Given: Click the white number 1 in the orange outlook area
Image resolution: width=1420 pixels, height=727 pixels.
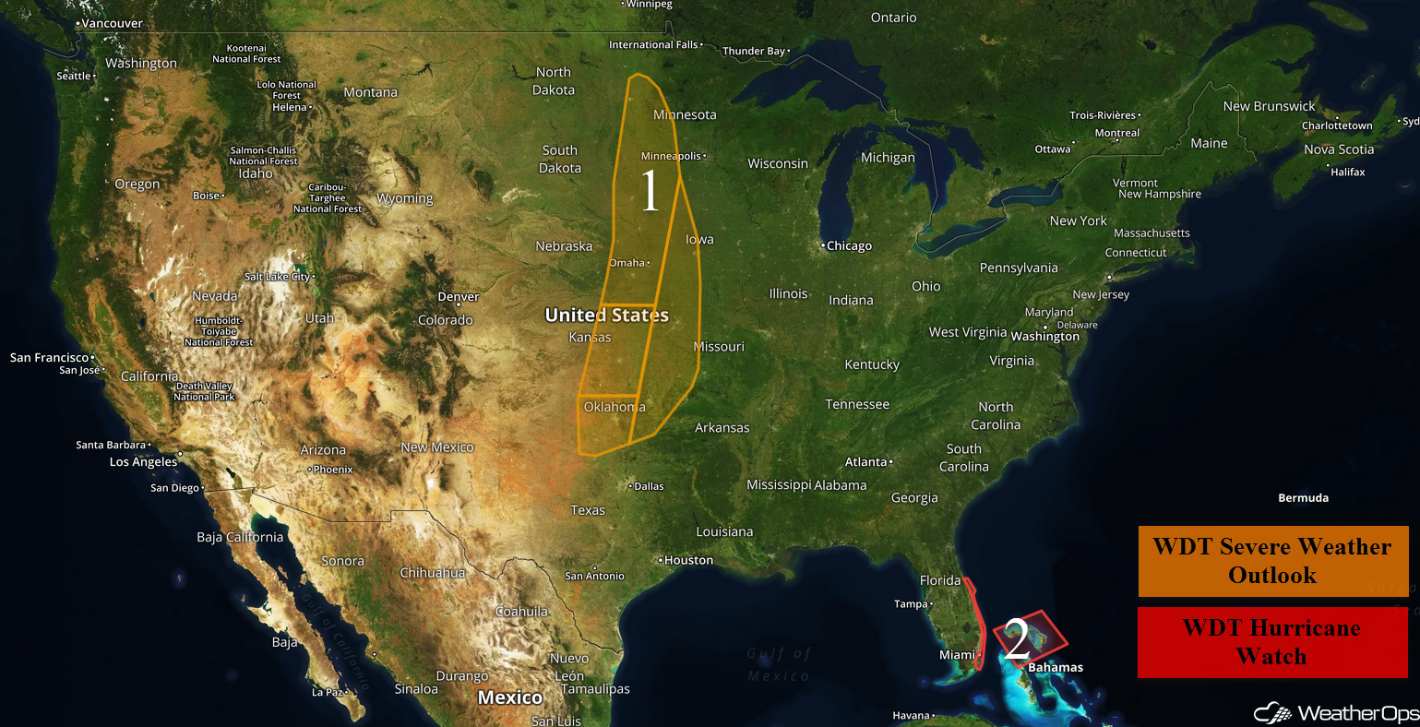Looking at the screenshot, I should (650, 192).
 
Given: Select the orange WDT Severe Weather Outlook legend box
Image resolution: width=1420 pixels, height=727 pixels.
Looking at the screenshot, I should (1272, 561).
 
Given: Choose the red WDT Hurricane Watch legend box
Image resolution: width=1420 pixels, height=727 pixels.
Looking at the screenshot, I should (1272, 642).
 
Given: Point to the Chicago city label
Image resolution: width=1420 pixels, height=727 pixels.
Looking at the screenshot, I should (849, 246).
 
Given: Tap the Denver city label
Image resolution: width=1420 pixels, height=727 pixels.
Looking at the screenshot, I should (459, 297).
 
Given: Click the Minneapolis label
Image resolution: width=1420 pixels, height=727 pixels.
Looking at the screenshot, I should (671, 156).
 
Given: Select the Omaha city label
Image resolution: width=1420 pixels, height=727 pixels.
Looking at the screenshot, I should (627, 263).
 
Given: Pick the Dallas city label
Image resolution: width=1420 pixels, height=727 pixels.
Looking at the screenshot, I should (649, 486).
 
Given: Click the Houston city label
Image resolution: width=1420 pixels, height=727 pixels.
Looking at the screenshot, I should (688, 560).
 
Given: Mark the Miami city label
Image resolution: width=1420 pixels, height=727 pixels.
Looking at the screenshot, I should (957, 655).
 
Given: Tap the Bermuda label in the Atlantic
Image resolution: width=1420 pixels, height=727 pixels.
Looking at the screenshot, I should (1303, 498).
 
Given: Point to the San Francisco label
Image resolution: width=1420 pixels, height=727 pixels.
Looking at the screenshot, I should (50, 357).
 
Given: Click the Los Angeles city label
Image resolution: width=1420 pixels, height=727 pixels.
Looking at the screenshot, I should (143, 462).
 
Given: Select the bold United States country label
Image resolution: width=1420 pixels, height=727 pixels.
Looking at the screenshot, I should (606, 316).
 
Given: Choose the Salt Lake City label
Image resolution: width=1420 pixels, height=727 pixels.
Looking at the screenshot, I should (277, 277).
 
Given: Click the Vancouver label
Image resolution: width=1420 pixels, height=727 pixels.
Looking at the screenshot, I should (112, 23).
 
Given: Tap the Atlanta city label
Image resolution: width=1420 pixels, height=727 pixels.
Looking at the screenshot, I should (865, 462).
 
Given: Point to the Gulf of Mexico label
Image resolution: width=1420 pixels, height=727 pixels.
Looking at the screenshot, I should (779, 664).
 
